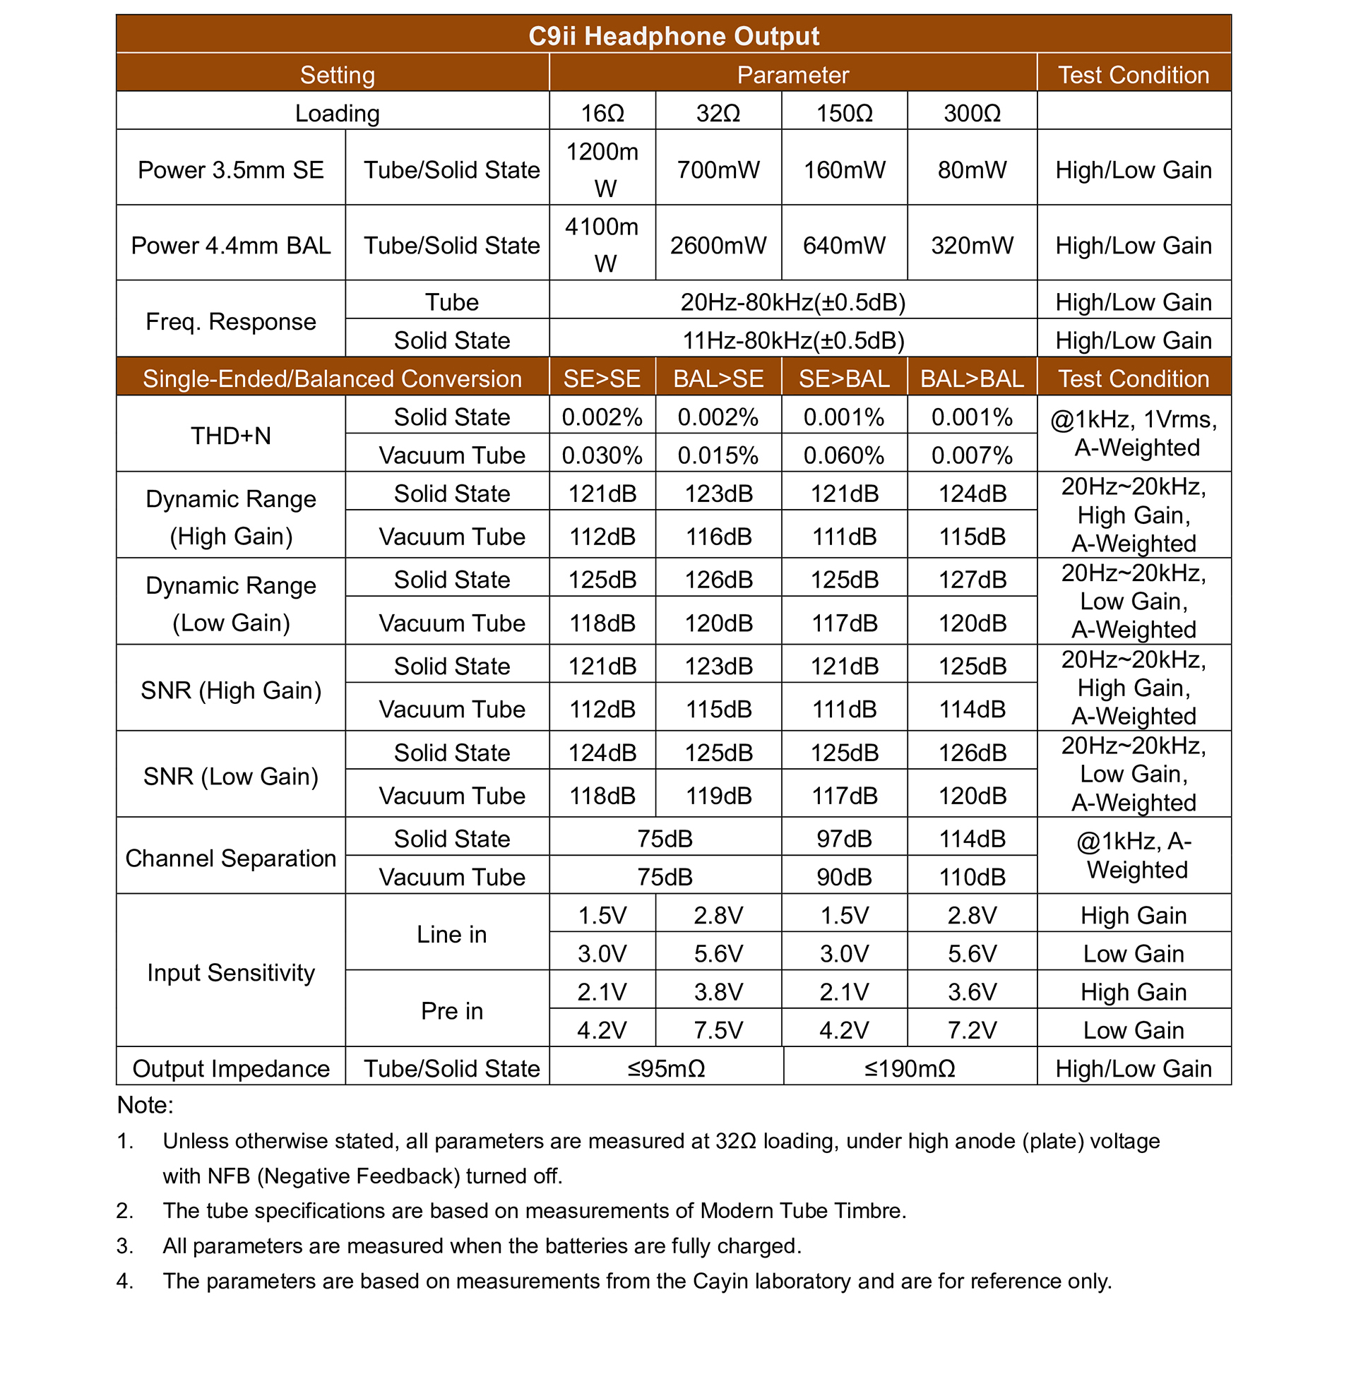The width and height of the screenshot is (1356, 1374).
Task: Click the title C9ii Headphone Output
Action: (x=673, y=35)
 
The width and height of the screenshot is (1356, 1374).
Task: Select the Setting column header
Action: (x=336, y=75)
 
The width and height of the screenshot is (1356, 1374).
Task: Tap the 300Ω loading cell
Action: (x=971, y=113)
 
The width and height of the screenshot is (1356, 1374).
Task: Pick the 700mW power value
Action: (x=717, y=169)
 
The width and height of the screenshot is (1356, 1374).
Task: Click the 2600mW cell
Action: (x=717, y=246)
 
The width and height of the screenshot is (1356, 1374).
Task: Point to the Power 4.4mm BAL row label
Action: (x=230, y=246)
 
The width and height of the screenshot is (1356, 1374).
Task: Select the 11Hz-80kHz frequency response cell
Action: (x=792, y=340)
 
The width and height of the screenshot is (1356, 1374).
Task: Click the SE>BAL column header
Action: (x=843, y=378)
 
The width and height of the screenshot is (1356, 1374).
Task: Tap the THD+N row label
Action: (x=230, y=435)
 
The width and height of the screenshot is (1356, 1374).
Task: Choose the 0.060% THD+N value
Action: (x=843, y=455)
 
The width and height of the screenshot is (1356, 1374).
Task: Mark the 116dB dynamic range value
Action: (x=717, y=536)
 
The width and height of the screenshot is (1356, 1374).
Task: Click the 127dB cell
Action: (x=971, y=580)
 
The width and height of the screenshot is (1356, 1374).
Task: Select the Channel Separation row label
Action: (x=230, y=858)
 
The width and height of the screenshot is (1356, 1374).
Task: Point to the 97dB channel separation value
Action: (x=843, y=839)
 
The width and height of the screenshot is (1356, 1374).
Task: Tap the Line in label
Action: (x=451, y=934)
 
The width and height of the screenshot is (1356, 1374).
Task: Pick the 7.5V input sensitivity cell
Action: (x=717, y=1029)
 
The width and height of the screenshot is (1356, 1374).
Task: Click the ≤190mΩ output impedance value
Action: (x=908, y=1068)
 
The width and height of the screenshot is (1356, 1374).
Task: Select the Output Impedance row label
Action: (x=230, y=1068)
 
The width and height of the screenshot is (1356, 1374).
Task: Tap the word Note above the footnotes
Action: (x=144, y=1105)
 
